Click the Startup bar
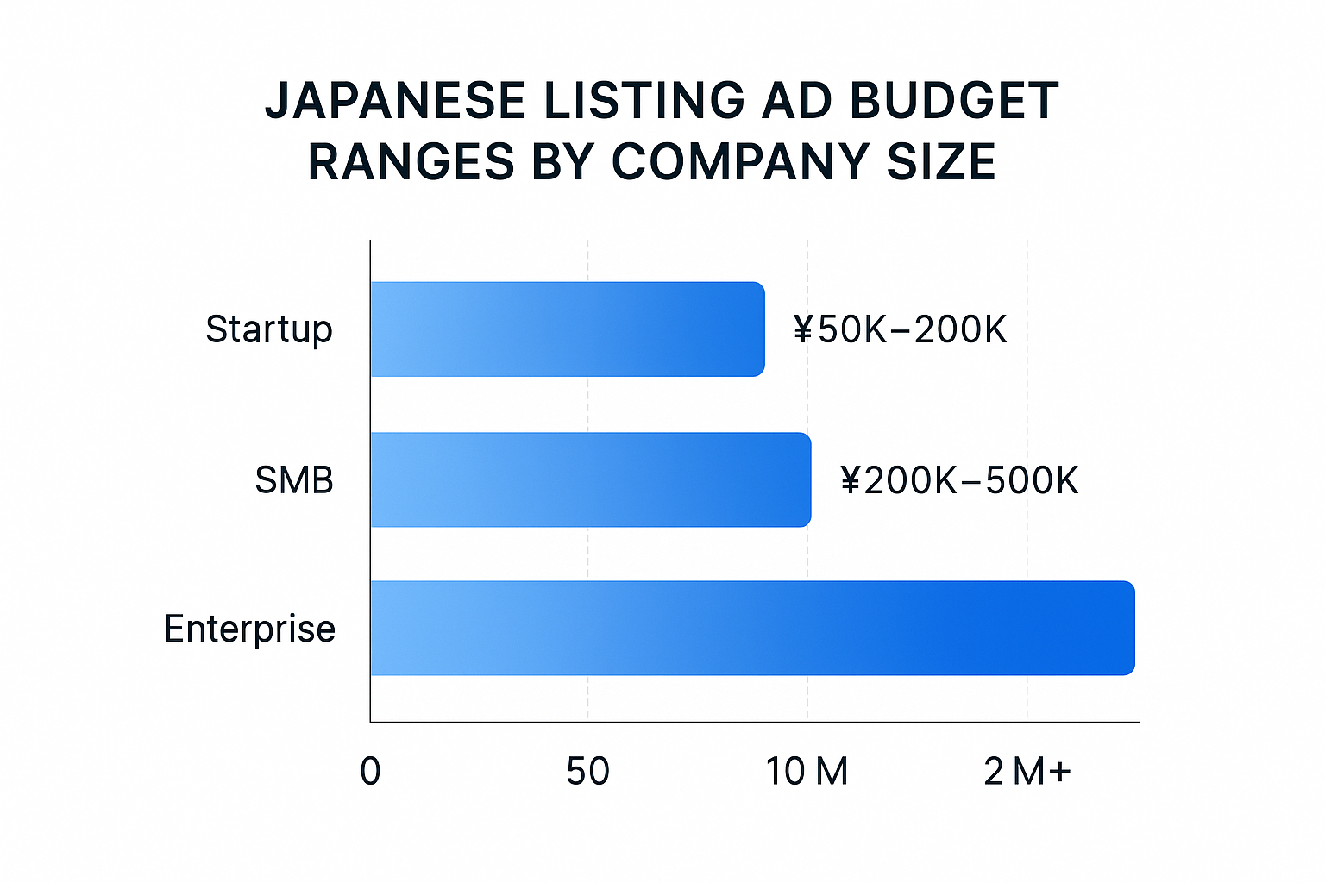pyautogui.click(x=567, y=329)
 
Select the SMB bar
pyautogui.click(x=590, y=479)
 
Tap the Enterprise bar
pyautogui.click(x=750, y=628)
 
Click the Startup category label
pyautogui.click(x=268, y=329)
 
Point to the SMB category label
pyautogui.click(x=293, y=480)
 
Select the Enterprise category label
pyautogui.click(x=249, y=629)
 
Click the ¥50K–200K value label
pyautogui.click(x=900, y=329)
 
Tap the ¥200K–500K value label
pyautogui.click(x=958, y=480)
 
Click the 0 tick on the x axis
pyautogui.click(x=370, y=771)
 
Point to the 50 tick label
pyautogui.click(x=587, y=771)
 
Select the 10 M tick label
pyautogui.click(x=807, y=771)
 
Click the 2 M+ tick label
pyautogui.click(x=1027, y=771)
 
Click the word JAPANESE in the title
pyautogui.click(x=395, y=101)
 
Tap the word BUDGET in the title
pyautogui.click(x=954, y=101)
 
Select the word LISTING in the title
pyautogui.click(x=644, y=101)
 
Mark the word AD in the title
pyautogui.click(x=795, y=101)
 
